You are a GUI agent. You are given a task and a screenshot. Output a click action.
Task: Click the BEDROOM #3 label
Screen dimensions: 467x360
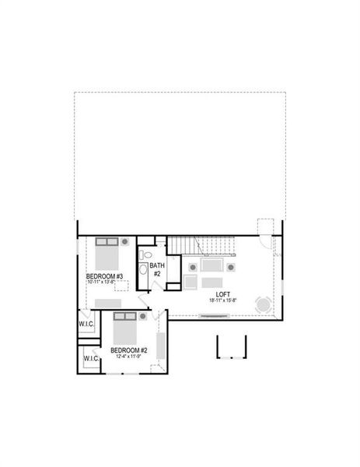tap(104, 276)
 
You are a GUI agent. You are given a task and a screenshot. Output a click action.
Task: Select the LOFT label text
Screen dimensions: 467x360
tap(223, 294)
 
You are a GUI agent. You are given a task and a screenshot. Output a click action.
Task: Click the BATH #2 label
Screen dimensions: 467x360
tap(156, 269)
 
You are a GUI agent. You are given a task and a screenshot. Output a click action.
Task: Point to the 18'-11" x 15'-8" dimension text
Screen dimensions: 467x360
tap(223, 301)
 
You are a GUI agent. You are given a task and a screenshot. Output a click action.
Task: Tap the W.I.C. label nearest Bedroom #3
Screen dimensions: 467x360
tap(86, 323)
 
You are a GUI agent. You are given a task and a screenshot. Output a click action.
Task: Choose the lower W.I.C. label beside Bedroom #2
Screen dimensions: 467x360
tap(91, 359)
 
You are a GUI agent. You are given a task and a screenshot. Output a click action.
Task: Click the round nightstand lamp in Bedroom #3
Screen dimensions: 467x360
tap(124, 243)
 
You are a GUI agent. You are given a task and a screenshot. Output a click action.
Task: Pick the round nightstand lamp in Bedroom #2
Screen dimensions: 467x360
tap(142, 317)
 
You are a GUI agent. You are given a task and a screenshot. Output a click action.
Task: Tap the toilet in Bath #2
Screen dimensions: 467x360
tap(144, 255)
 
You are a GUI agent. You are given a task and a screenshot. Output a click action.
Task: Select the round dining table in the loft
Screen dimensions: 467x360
tap(264, 304)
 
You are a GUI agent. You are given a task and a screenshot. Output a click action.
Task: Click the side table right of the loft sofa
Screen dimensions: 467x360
tap(231, 267)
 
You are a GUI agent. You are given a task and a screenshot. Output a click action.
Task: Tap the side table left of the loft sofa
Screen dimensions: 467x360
tap(191, 267)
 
